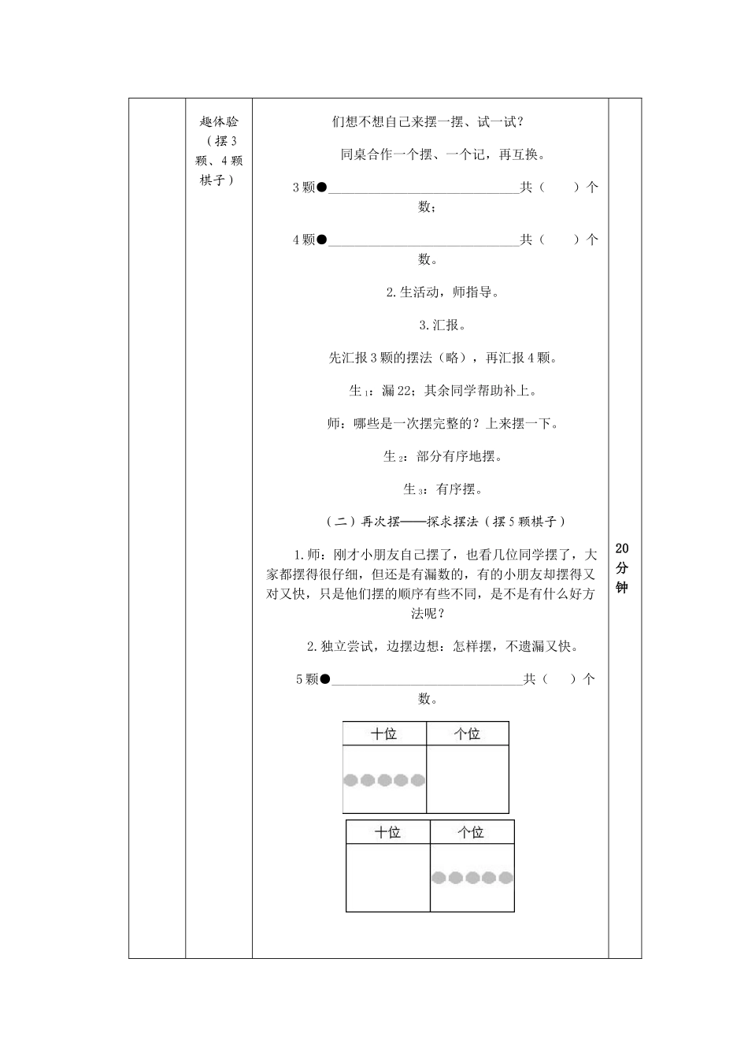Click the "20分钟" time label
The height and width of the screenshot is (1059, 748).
pyautogui.click(x=621, y=568)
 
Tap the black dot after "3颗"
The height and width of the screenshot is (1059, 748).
pyautogui.click(x=321, y=188)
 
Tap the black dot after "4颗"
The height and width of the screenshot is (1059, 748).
pyautogui.click(x=321, y=240)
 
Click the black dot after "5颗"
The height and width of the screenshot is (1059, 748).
pyautogui.click(x=324, y=678)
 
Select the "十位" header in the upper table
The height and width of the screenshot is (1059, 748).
pyautogui.click(x=383, y=734)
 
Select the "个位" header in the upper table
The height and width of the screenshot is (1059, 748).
pyautogui.click(x=467, y=734)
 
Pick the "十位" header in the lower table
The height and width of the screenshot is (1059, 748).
pyautogui.click(x=387, y=832)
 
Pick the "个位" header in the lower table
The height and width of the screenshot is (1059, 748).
pyautogui.click(x=471, y=832)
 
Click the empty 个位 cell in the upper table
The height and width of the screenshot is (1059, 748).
pyautogui.click(x=467, y=779)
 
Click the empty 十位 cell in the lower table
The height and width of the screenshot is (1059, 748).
pyautogui.click(x=387, y=877)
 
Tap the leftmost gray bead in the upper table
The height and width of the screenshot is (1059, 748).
pyautogui.click(x=351, y=780)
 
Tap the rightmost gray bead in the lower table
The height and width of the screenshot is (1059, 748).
pyautogui.click(x=505, y=878)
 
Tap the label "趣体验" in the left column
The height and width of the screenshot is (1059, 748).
pyautogui.click(x=219, y=122)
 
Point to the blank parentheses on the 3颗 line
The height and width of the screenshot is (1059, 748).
pyautogui.click(x=560, y=188)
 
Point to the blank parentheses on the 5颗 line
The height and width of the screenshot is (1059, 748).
pyautogui.click(x=559, y=678)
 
